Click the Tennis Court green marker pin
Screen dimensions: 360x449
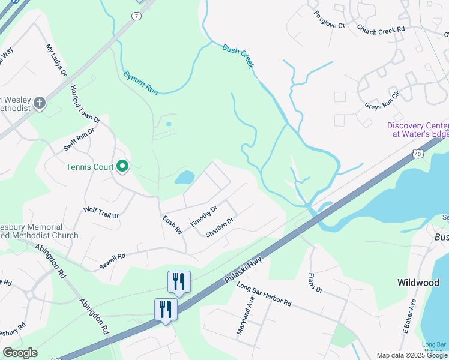122,166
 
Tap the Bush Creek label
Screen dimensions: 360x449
238,56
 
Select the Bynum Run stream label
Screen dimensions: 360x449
140,83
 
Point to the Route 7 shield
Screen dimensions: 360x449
137,15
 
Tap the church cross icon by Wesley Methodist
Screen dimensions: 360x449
40,103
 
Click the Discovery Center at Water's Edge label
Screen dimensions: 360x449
417,130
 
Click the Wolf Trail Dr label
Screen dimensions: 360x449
101,212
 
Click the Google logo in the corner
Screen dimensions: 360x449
20,353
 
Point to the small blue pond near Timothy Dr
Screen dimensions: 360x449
184,177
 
